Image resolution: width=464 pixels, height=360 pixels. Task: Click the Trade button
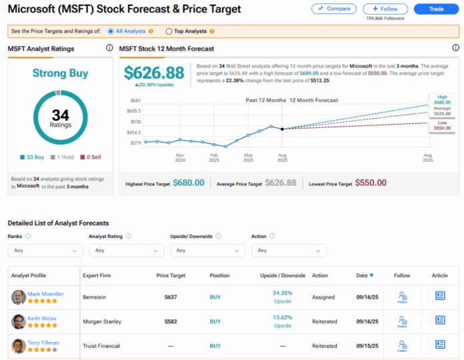(437, 9)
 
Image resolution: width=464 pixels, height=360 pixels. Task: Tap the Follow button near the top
(385, 9)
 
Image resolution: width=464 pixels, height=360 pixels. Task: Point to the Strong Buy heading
(60, 73)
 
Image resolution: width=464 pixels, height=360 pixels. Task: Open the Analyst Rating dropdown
(126, 250)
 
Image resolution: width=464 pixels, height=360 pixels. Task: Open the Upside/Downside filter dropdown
(207, 250)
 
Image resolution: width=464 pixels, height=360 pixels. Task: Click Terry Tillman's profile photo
(19, 345)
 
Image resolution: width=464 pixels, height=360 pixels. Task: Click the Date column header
(364, 275)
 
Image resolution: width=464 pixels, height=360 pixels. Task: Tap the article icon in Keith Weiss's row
(440, 320)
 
